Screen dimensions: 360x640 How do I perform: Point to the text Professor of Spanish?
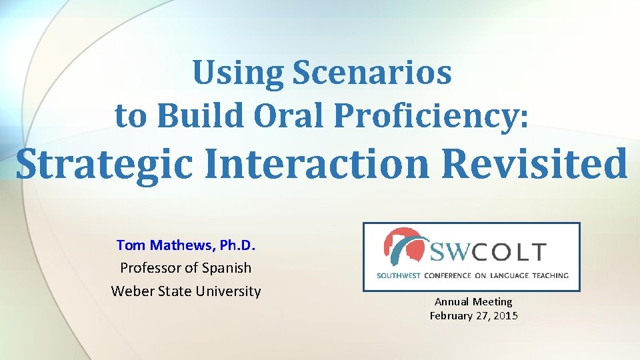[186, 268]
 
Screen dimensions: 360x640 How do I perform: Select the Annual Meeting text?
[473, 302]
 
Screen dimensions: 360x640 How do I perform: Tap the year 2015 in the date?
[505, 316]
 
